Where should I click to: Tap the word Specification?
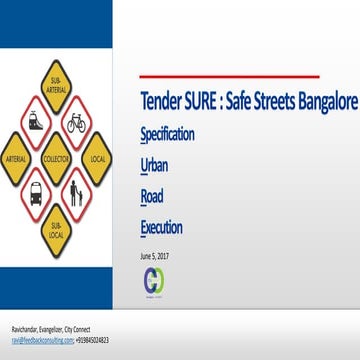point(167,134)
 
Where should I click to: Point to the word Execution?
point(161,228)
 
